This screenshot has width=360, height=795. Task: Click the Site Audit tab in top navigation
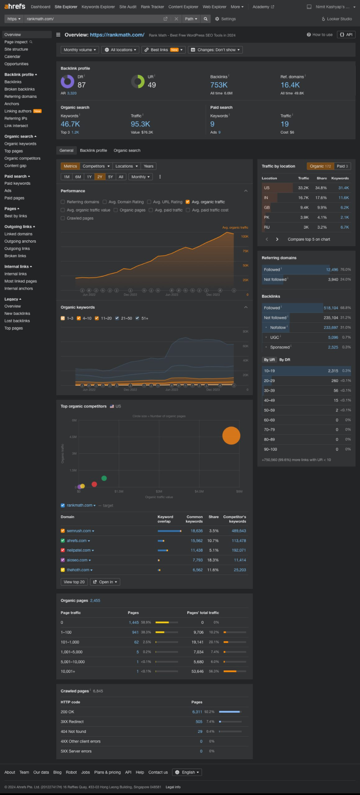(128, 7)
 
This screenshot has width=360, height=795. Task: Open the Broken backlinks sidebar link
(19, 89)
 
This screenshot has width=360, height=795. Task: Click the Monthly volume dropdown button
(80, 50)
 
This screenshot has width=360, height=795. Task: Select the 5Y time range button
(111, 177)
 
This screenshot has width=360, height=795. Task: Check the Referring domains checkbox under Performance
(63, 202)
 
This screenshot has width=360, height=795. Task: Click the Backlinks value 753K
(219, 85)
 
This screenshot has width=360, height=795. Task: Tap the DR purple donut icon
(68, 82)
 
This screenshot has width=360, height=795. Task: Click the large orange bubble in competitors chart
(231, 436)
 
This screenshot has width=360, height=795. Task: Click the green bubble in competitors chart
(104, 478)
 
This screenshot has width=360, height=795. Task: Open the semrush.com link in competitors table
(79, 531)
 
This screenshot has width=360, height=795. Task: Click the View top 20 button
(74, 582)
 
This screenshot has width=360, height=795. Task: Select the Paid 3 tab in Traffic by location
(342, 166)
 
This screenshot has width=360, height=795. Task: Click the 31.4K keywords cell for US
(343, 188)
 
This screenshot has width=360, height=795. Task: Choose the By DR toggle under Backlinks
(285, 360)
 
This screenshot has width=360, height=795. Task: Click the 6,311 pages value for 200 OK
(197, 712)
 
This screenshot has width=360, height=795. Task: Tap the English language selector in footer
(187, 772)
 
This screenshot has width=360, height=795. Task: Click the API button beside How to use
(346, 35)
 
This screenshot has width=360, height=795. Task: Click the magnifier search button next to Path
(205, 19)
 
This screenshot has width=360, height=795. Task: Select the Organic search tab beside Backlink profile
(127, 151)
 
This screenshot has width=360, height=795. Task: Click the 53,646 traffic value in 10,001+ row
(197, 671)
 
